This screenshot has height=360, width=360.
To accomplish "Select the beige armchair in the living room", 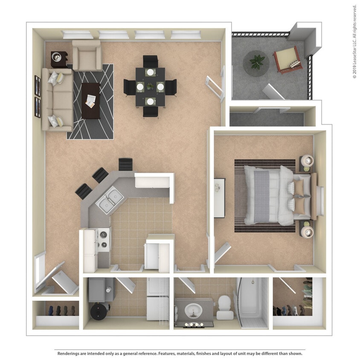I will tap(87, 55).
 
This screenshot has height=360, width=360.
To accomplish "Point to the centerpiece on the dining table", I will tap(150, 86).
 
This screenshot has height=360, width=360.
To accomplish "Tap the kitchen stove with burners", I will tap(103, 240).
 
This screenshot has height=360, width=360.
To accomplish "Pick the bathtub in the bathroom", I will tap(252, 301).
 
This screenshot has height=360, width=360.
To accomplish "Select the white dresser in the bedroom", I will tap(219, 197).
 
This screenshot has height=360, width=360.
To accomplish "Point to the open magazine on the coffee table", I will tap(91, 101).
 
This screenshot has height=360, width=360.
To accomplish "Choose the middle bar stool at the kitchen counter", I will tap(100, 175).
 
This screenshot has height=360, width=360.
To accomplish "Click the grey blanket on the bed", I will tap(261, 195).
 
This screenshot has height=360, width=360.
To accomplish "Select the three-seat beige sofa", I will tap(57, 99).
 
